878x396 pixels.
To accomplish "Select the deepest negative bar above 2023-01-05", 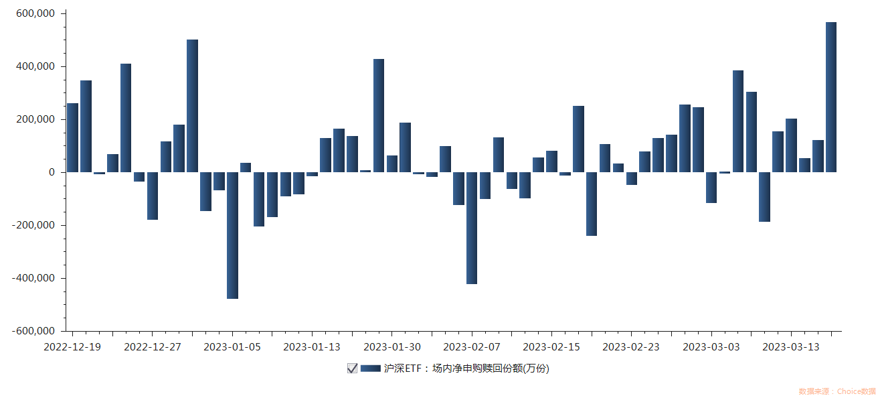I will tap(232, 235).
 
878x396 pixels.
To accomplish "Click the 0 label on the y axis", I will tap(52, 172).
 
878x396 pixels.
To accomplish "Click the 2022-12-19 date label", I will tap(72, 346).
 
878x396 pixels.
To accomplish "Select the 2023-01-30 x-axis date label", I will tap(391, 346).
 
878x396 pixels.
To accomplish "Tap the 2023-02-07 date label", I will tap(472, 346).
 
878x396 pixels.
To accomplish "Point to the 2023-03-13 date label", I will tap(791, 346).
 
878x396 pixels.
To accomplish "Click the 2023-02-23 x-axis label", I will tap(631, 346).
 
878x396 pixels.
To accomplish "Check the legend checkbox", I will tap(352, 368).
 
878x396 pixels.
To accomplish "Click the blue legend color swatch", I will tap(370, 368).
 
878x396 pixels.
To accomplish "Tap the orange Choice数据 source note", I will tap(837, 391).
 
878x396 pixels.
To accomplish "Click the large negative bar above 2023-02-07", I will tap(472, 228).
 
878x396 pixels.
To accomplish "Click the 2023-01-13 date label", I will tap(312, 346).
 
